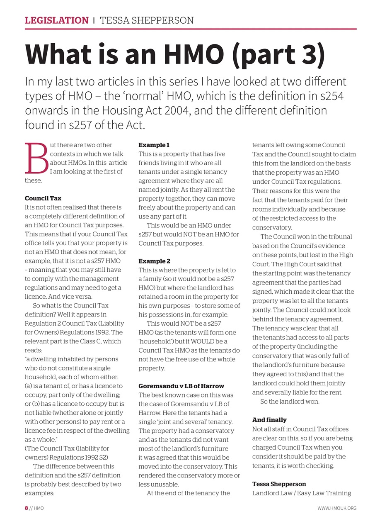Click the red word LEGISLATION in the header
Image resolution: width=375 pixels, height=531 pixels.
click(x=57, y=20)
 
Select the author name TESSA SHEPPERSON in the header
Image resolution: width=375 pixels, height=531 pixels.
click(x=146, y=20)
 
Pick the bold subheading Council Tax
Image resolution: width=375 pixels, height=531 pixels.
click(x=43, y=198)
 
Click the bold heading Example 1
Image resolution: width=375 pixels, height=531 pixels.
click(x=154, y=145)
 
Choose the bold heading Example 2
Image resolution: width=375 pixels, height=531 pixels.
click(x=154, y=261)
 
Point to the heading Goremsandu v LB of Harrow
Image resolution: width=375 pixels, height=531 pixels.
click(x=181, y=386)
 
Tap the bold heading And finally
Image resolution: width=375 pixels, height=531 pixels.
click(x=269, y=420)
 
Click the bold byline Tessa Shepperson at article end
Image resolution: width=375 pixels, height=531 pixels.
click(x=279, y=484)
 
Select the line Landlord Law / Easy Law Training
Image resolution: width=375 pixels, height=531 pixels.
click(x=301, y=493)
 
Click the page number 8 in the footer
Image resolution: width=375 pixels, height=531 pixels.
click(x=26, y=508)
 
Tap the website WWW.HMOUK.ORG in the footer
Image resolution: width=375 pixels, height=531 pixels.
click(x=336, y=508)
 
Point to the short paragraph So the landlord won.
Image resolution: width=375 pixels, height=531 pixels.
click(x=289, y=402)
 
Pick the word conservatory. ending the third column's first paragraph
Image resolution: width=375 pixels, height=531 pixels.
click(x=272, y=227)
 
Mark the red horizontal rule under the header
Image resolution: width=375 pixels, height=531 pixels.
click(x=191, y=29)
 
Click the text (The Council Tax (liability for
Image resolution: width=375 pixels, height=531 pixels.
click(x=67, y=448)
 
